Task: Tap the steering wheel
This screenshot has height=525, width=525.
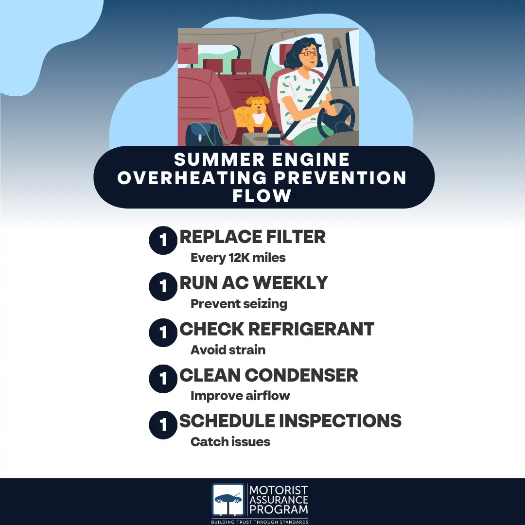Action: [x=336, y=119]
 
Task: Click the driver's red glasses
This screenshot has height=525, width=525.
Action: [x=309, y=53]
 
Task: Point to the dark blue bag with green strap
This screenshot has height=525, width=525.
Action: [x=201, y=134]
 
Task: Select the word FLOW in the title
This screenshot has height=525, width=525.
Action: [x=262, y=195]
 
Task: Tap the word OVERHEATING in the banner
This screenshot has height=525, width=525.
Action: [x=192, y=177]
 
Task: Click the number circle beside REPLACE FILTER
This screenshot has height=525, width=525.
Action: [x=163, y=241]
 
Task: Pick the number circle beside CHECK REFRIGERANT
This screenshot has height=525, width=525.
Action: [x=163, y=332]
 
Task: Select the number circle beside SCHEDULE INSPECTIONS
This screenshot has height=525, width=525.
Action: [x=163, y=425]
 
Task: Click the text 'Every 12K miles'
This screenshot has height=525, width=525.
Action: [x=238, y=258]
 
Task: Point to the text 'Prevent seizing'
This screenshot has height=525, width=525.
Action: [x=239, y=304]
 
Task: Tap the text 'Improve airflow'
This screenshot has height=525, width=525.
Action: [x=240, y=396]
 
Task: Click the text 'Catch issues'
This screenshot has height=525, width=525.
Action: [x=230, y=442]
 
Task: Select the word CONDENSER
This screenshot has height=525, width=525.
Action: [x=301, y=375]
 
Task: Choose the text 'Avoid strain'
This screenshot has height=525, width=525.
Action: [x=228, y=350]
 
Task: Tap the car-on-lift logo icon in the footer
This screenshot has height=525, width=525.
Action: [x=228, y=500]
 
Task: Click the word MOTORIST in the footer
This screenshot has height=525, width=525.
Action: [x=278, y=490]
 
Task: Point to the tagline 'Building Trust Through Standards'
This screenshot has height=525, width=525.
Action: [x=260, y=522]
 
